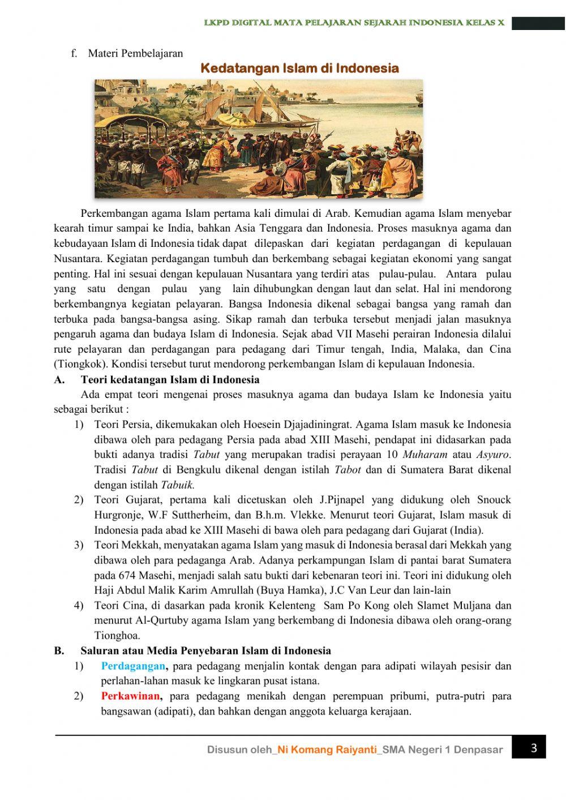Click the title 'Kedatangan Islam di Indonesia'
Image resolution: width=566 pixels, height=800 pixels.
(x=300, y=69)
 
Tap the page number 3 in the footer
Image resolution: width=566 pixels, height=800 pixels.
(x=534, y=748)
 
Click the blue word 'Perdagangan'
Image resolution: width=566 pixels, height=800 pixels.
(x=134, y=666)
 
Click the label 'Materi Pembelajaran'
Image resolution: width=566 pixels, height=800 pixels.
(x=135, y=53)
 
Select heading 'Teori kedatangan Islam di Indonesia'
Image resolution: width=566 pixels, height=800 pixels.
(x=170, y=379)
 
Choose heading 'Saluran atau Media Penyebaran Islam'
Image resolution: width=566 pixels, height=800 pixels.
(x=205, y=651)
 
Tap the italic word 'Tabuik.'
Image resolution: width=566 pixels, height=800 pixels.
(x=178, y=485)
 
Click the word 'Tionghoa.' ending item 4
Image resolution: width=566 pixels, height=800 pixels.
(x=117, y=635)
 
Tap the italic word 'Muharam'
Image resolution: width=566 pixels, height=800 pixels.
(x=424, y=455)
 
